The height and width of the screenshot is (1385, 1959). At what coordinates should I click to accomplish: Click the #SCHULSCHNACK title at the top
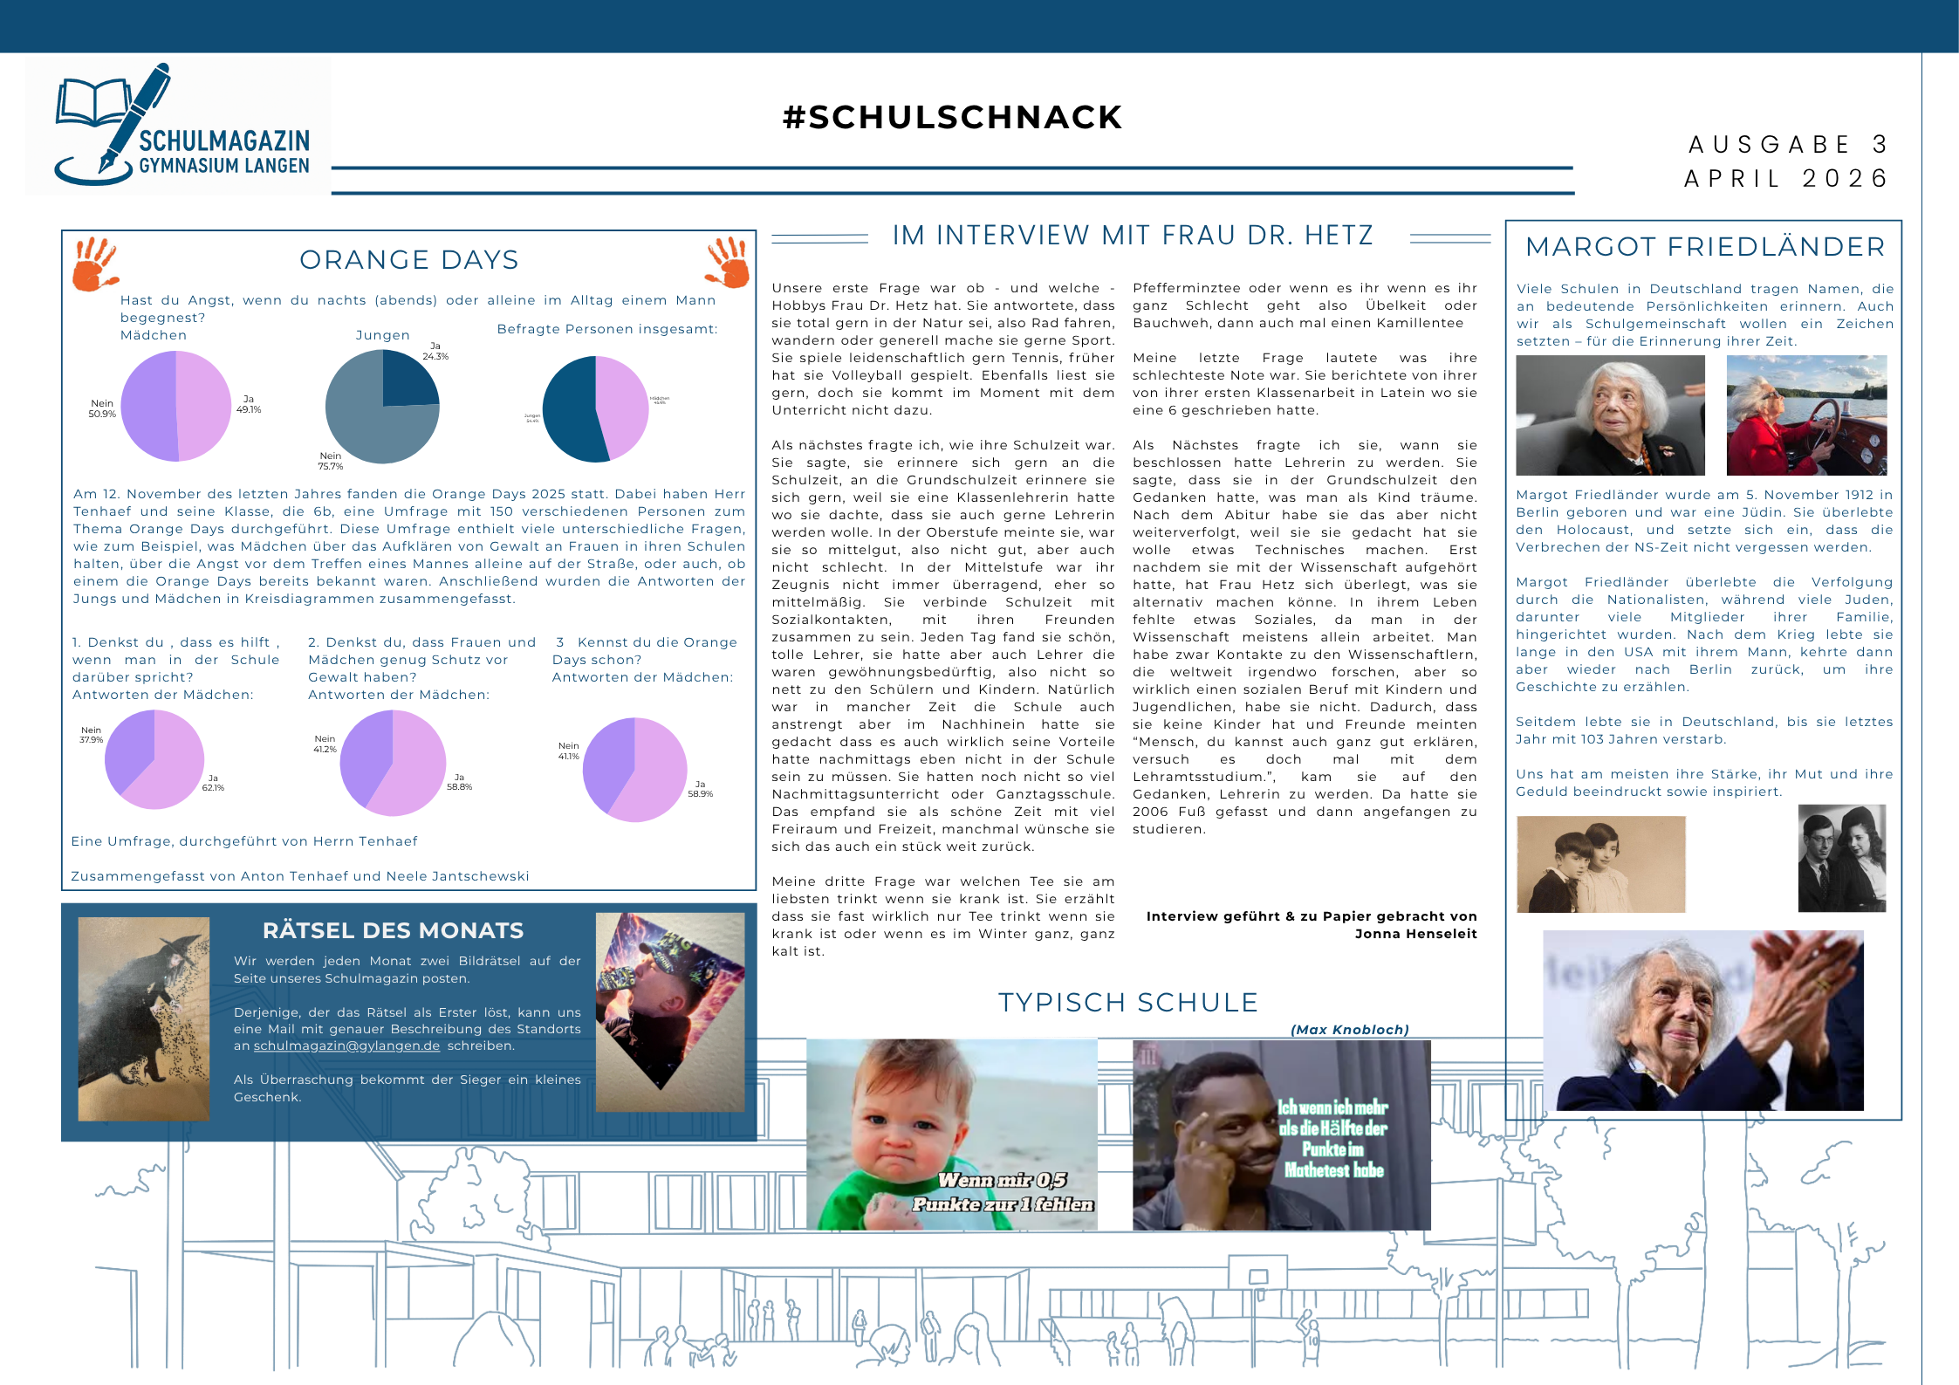[952, 118]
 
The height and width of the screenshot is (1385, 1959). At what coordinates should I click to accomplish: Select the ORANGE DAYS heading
[408, 260]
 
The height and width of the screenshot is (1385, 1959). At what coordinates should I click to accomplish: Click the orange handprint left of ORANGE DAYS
[93, 263]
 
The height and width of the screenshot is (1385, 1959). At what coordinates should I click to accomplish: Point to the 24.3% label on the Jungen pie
[435, 356]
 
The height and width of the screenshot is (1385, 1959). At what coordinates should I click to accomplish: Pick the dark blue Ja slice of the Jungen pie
[408, 380]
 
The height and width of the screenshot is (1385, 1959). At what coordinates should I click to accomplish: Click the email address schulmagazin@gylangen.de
[346, 1046]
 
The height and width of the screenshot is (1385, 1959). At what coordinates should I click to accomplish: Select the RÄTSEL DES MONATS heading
[393, 931]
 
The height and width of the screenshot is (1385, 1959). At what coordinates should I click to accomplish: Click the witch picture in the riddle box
[143, 1018]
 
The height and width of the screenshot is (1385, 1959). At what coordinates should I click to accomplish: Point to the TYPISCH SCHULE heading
[1127, 1003]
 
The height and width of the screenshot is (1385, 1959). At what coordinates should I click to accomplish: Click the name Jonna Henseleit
[1415, 934]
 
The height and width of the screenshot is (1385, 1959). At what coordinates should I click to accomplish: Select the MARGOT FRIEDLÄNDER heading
[1705, 247]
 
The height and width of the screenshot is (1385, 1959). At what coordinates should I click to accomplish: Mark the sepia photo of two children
[1600, 864]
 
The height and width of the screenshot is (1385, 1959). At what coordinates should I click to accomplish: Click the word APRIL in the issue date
[1732, 179]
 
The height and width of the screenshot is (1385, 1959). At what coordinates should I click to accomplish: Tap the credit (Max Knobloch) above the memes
[1349, 1030]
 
